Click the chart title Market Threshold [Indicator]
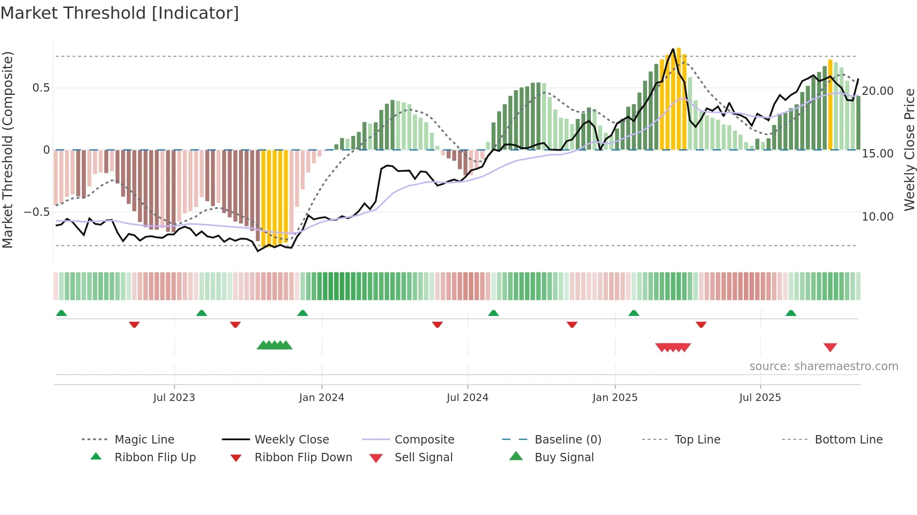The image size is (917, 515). [120, 13]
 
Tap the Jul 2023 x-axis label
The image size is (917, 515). [174, 398]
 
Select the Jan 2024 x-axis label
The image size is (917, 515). [321, 398]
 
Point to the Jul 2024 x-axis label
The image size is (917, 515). [467, 398]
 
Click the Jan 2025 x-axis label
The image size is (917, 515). [615, 398]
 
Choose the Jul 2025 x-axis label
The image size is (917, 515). [760, 398]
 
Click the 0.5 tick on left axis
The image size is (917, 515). [41, 88]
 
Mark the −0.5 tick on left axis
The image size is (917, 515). [36, 212]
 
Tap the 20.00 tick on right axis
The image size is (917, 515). [878, 91]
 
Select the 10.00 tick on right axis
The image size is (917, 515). [878, 217]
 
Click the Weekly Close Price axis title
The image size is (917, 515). [909, 150]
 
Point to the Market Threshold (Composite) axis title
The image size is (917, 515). [7, 150]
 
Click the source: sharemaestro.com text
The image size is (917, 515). [823, 366]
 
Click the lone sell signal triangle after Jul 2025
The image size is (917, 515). [830, 347]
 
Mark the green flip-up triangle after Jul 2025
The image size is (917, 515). [791, 313]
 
